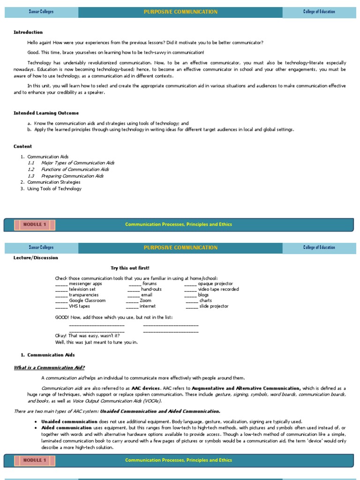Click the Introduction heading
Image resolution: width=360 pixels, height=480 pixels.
coord(28,32)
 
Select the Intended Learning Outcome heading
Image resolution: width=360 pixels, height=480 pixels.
coord(46,113)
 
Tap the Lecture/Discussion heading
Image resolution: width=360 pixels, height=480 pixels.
coord(36,257)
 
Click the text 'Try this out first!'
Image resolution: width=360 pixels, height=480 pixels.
coord(130,268)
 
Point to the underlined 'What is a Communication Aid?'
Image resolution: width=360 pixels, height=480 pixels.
coord(49,367)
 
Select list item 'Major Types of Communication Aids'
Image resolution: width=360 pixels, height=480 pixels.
coord(77,163)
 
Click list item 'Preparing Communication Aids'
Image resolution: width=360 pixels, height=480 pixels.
coord(72,176)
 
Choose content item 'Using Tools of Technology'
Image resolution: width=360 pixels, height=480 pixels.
coord(54,188)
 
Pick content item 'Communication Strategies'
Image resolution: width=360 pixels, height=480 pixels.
coord(53,182)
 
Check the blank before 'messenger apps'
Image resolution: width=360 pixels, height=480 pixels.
coord(61,284)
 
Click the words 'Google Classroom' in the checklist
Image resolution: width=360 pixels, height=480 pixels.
coord(87,300)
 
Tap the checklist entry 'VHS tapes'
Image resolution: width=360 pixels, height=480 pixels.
coord(79,306)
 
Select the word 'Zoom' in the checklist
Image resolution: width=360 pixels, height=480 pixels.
coord(145,300)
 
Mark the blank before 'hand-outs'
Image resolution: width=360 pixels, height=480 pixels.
coord(134,290)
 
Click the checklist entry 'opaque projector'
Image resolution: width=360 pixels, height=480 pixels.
coord(215,284)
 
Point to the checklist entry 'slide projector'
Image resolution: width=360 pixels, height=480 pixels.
coord(214,306)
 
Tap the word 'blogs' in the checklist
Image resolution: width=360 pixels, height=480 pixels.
coord(203,295)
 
